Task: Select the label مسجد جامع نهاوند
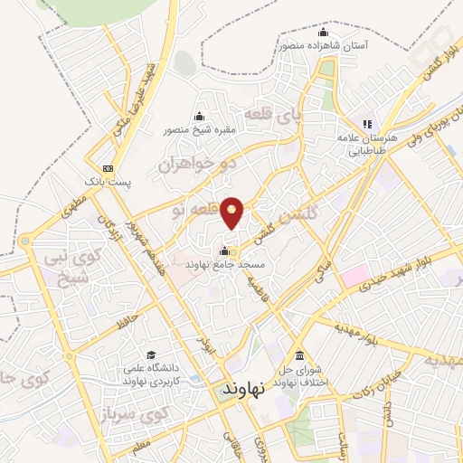point(224,265)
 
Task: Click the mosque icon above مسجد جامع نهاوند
point(224,250)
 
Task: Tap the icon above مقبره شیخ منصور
point(200,116)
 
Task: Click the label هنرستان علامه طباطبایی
point(366,146)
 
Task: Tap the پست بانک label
point(109,182)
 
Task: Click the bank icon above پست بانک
point(109,167)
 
